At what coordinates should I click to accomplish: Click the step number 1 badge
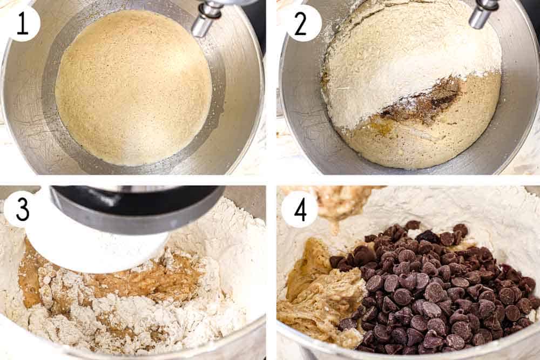coord(23,23)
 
